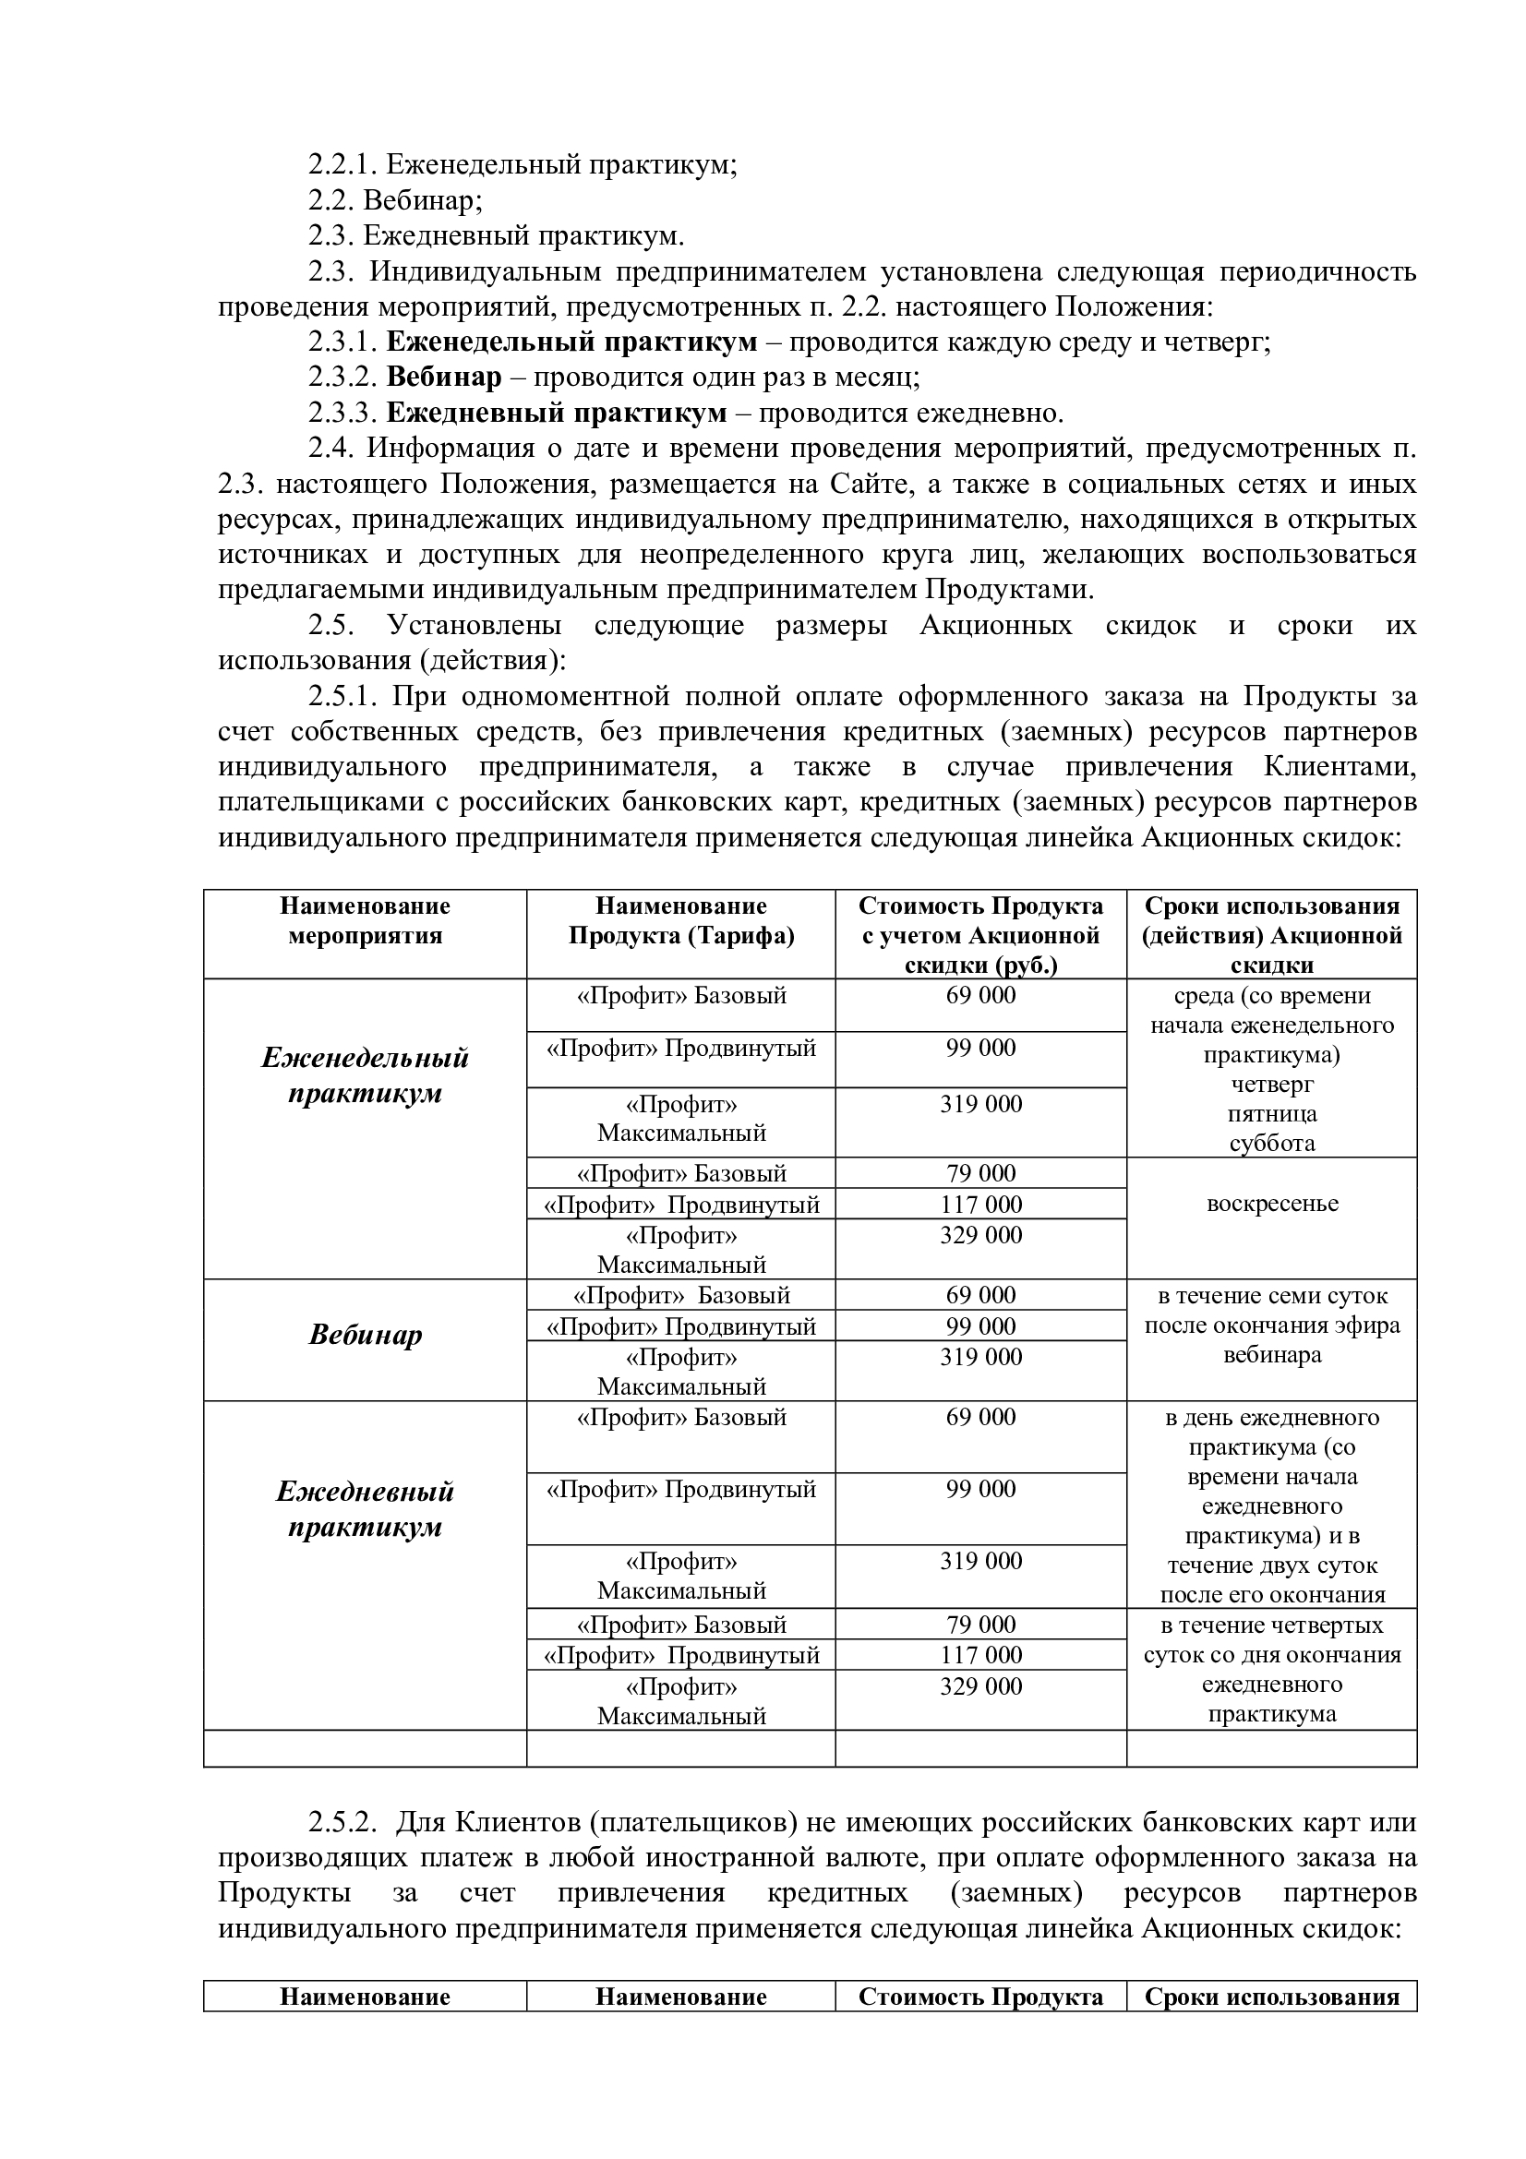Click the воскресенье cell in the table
coord(1271,1204)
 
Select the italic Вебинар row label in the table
coord(365,1336)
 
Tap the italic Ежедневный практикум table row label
coord(365,1508)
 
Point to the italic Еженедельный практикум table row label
coord(365,1074)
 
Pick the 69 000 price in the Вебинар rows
coord(980,1295)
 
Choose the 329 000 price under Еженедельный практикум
coord(980,1235)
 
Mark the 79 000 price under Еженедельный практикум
coord(980,1172)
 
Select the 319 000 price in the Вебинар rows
coord(980,1357)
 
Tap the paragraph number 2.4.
coord(329,449)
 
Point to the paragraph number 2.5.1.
coord(342,697)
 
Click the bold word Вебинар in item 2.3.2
coord(444,378)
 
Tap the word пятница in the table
coord(1271,1114)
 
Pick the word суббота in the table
coord(1271,1144)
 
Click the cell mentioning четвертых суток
coord(1271,1669)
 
